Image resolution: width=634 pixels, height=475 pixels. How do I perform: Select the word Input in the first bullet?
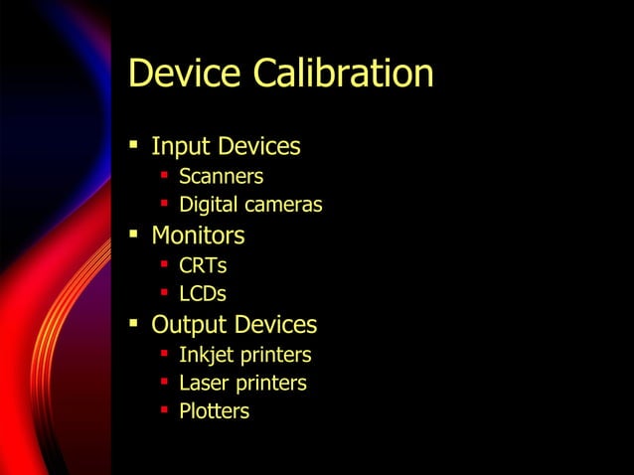pos(181,148)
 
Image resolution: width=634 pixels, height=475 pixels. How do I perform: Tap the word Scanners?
pos(221,177)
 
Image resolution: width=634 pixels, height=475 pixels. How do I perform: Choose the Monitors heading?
pos(198,237)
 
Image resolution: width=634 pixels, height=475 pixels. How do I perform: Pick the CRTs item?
pos(203,265)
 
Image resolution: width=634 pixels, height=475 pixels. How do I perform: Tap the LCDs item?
pos(203,294)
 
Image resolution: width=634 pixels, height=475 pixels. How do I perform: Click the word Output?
pos(188,325)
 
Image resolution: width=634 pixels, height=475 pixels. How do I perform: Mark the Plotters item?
pos(214,411)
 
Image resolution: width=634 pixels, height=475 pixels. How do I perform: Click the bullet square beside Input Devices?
pos(133,148)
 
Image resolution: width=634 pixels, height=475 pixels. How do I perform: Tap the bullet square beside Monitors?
pos(133,236)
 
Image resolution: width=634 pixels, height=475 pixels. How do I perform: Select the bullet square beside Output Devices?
pos(133,324)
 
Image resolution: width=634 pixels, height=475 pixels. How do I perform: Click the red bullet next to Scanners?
pos(164,177)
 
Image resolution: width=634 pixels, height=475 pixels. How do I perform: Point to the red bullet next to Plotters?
pos(164,410)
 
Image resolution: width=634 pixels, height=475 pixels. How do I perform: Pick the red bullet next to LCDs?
pos(164,293)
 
